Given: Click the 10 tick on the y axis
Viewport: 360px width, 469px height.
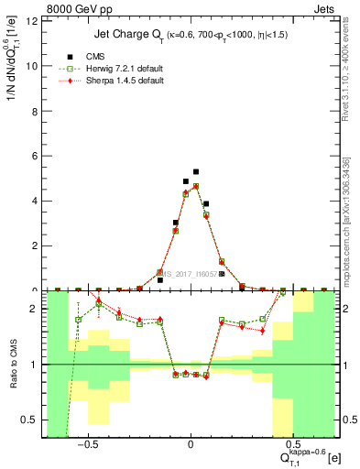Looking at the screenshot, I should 34,66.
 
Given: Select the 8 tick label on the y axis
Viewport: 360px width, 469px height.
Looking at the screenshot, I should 36,111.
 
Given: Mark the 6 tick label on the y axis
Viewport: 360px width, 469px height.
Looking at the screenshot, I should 36,156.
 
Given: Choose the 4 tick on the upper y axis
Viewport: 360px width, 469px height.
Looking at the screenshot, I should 36,201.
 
